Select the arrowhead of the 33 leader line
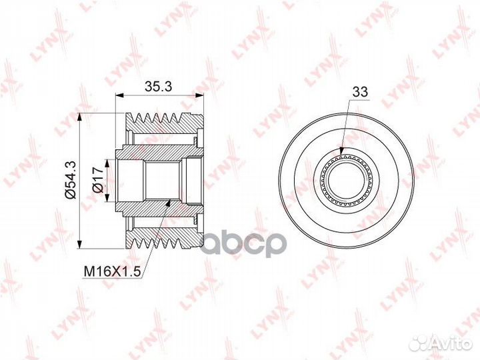[x=342, y=153]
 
